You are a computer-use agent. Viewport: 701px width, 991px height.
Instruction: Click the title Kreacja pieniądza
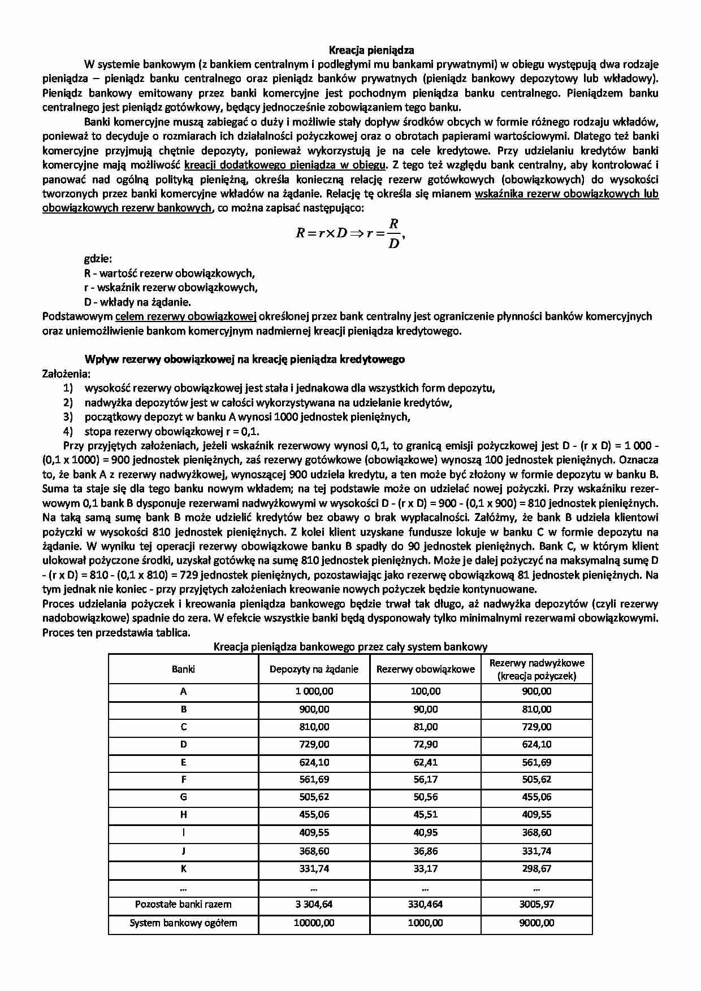371,50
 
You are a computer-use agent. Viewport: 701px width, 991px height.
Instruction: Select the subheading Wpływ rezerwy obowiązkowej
244,359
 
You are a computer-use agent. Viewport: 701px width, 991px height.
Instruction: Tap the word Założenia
66,373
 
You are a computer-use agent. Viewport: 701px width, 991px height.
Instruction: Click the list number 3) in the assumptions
68,417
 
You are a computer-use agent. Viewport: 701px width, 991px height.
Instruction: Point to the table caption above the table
350,647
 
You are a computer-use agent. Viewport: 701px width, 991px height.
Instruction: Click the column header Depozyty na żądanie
314,670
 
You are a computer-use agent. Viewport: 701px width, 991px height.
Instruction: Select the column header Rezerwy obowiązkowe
425,670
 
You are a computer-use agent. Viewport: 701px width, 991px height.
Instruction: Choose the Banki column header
183,670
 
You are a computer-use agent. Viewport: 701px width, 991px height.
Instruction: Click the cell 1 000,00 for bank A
314,692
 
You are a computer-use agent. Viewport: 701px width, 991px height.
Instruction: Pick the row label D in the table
183,745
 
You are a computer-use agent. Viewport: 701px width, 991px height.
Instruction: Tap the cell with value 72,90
425,745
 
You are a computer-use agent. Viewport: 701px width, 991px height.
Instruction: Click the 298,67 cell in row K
536,868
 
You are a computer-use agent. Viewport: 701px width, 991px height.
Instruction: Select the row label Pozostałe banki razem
183,904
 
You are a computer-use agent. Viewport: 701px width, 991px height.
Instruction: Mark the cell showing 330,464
425,904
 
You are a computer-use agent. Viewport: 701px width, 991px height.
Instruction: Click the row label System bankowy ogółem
183,923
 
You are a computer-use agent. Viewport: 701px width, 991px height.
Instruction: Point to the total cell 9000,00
536,923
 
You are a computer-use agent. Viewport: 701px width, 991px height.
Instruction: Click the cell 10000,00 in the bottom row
314,923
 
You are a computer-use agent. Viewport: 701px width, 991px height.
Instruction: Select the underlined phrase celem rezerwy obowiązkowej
186,316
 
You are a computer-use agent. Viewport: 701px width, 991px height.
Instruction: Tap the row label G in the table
183,797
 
